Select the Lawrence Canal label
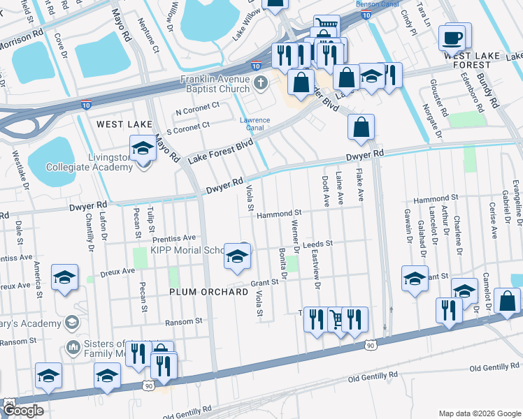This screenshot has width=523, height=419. pyautogui.click(x=255, y=124)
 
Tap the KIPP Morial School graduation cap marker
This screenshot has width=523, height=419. pyautogui.click(x=237, y=257)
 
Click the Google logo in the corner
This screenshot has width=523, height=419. pyautogui.click(x=23, y=411)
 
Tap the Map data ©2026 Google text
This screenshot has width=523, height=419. pyautogui.click(x=478, y=413)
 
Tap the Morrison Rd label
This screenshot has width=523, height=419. pyautogui.click(x=21, y=36)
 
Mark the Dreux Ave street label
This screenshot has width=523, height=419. pyautogui.click(x=118, y=271)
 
